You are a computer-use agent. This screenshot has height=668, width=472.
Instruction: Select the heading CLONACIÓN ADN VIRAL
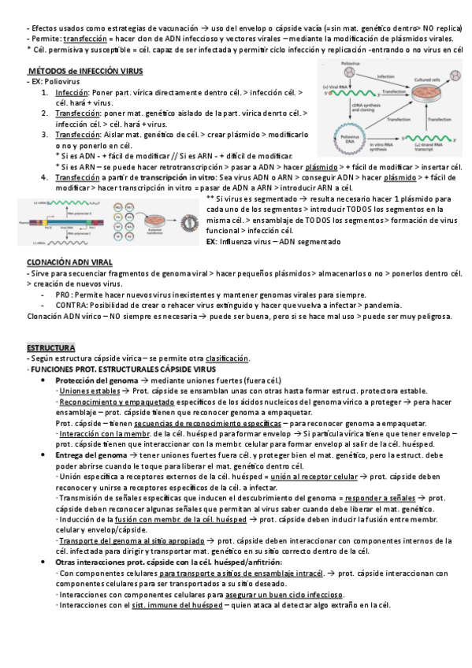[x=69, y=262]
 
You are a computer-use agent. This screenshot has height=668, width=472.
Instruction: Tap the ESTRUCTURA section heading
[x=50, y=347]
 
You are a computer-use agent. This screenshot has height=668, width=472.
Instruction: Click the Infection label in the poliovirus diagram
[x=385, y=76]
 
